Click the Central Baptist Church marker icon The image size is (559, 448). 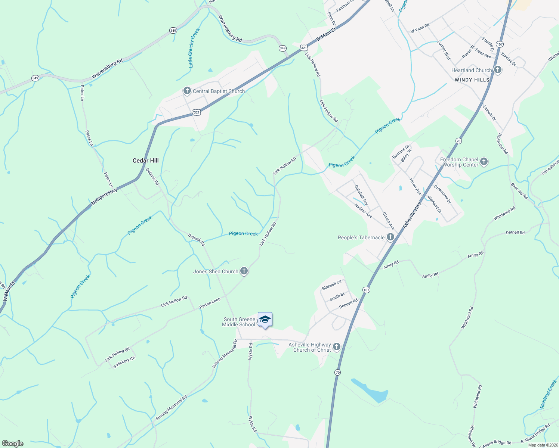187,91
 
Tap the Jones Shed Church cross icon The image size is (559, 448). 244,271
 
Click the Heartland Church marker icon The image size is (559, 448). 497,70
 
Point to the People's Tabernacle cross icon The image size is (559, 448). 390,237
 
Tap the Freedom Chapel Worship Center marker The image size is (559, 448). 484,162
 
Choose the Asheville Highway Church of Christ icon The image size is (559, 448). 337,347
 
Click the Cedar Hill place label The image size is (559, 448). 146,161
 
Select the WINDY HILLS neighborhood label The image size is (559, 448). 472,80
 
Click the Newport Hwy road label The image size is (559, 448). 104,196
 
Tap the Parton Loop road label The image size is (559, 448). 210,303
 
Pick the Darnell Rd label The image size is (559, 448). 515,233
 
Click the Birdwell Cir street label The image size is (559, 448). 332,285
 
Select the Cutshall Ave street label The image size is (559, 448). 361,195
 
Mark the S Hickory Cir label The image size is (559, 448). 124,362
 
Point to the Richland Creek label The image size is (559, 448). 549,394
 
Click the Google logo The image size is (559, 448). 13,444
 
